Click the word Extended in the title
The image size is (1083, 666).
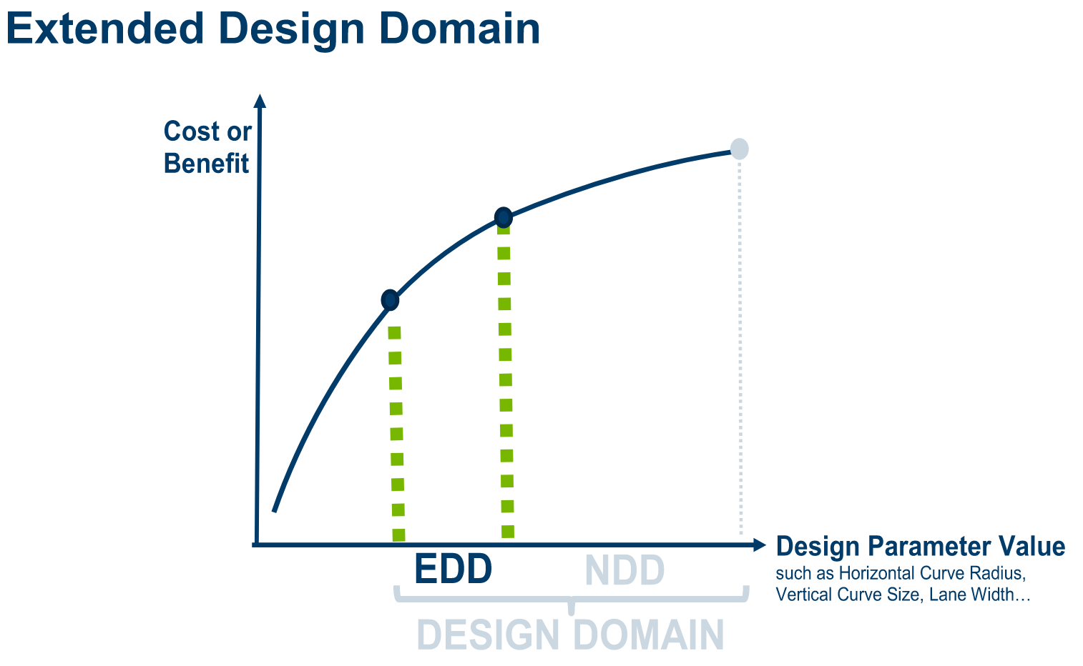click(105, 29)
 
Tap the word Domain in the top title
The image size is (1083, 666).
click(459, 29)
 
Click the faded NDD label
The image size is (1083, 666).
click(624, 570)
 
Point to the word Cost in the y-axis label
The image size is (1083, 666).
click(192, 131)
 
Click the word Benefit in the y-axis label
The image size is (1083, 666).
click(206, 163)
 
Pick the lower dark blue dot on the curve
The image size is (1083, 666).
click(390, 300)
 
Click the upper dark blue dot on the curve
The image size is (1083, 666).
click(504, 218)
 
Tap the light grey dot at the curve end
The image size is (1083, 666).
click(739, 149)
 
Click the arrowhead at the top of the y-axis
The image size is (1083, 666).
click(260, 101)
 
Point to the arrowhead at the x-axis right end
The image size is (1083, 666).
click(760, 545)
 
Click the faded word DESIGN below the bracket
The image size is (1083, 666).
click(488, 635)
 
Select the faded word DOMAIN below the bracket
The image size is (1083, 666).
click(649, 635)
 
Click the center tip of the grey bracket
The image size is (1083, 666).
click(571, 612)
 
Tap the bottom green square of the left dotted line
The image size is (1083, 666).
click(398, 535)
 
